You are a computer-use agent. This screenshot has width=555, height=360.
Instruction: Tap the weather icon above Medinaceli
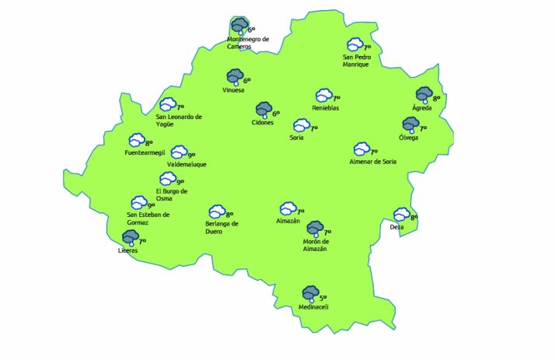(x=311, y=292)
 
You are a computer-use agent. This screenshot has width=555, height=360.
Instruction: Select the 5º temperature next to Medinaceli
(x=323, y=298)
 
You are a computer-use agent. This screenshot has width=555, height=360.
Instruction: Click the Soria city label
(x=295, y=138)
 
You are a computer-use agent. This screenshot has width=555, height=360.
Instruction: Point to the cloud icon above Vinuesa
(x=234, y=76)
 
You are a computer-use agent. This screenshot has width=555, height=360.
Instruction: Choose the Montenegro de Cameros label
(x=247, y=43)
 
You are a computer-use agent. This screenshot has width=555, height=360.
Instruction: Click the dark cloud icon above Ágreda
(x=424, y=94)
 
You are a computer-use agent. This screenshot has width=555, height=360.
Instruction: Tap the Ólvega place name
(x=408, y=138)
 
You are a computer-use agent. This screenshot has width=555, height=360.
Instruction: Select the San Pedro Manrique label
(x=357, y=61)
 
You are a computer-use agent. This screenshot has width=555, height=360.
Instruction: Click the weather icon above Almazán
(x=287, y=208)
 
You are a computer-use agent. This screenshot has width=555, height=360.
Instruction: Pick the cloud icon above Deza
(x=401, y=214)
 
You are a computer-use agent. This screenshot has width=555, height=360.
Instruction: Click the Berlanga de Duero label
(x=222, y=227)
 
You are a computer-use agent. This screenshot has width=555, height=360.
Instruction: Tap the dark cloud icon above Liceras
(x=130, y=236)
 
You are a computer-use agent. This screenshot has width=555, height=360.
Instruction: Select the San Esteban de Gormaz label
(x=148, y=218)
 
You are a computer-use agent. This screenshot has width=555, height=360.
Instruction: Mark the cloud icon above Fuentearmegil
(x=136, y=140)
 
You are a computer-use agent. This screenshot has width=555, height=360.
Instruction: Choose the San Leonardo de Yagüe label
(x=179, y=121)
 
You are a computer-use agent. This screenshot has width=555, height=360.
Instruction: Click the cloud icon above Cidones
(x=263, y=109)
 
